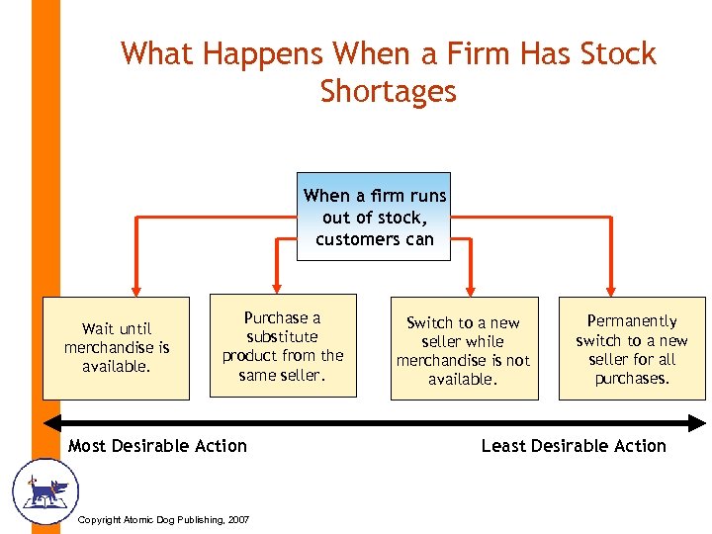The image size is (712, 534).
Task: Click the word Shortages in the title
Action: pyautogui.click(x=388, y=91)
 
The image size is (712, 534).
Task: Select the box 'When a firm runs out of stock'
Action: pyautogui.click(x=374, y=218)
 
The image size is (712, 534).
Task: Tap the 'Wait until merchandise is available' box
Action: pyautogui.click(x=116, y=348)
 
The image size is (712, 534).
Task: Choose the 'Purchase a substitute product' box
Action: pyautogui.click(x=283, y=346)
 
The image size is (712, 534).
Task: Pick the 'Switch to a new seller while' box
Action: pyautogui.click(x=464, y=348)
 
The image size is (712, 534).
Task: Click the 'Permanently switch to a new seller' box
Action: pyautogui.click(x=632, y=348)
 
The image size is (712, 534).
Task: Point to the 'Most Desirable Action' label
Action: pyautogui.click(x=157, y=446)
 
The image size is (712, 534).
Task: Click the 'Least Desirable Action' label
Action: pyautogui.click(x=574, y=446)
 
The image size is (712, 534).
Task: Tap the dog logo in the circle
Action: pyautogui.click(x=44, y=490)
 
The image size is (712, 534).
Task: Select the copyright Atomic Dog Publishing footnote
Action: pyautogui.click(x=163, y=520)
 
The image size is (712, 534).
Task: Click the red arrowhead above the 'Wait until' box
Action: pyautogui.click(x=136, y=287)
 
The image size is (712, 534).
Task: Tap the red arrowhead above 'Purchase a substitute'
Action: pyautogui.click(x=276, y=287)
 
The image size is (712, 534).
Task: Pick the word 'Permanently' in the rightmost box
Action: pyautogui.click(x=632, y=321)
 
